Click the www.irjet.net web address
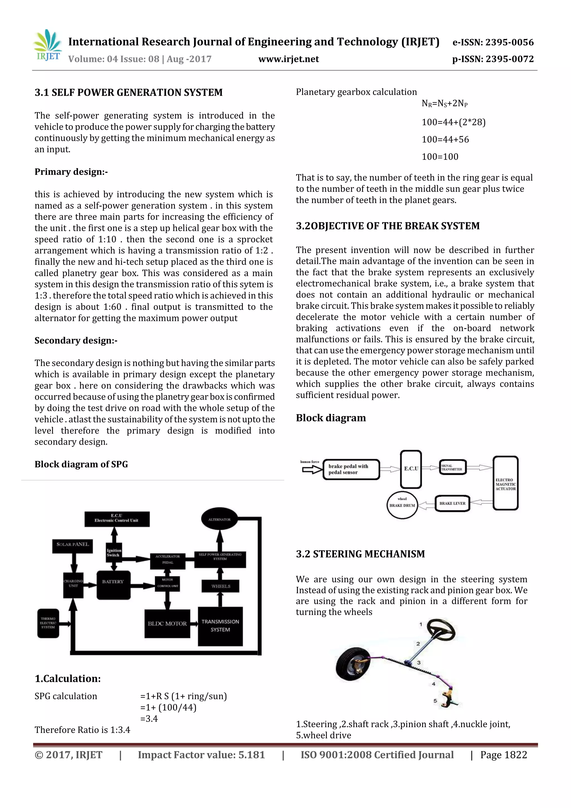[289, 59]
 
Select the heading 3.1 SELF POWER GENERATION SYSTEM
[129, 93]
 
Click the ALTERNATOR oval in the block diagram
[219, 519]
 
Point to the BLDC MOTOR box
[167, 624]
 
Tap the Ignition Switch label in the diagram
[114, 553]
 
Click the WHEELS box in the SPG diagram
[221, 586]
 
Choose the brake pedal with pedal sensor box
[351, 469]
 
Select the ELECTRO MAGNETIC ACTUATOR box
[505, 483]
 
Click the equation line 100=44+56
[445, 139]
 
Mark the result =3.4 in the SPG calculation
[149, 719]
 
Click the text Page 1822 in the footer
[504, 755]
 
